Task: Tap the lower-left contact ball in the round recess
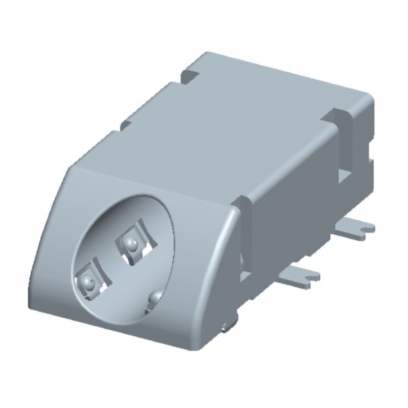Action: [x=87, y=283]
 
